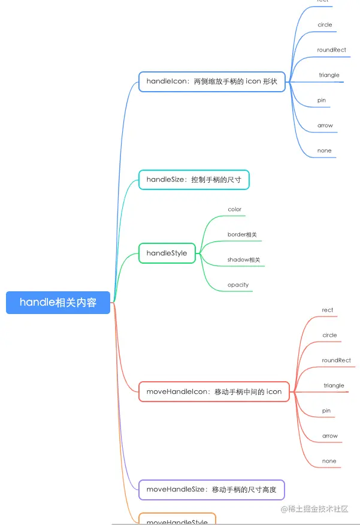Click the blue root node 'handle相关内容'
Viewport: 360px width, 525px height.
58,303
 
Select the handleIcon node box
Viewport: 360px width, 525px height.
211,82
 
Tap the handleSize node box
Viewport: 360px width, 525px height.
193,179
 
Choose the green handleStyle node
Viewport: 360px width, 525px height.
167,253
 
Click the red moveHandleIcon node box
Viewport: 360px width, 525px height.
214,391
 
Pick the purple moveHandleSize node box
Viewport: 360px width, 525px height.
211,490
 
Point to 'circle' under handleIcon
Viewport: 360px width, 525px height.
325,25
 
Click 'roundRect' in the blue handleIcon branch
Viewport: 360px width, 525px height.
332,50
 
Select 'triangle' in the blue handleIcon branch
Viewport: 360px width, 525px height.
329,75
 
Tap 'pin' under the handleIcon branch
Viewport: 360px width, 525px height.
322,100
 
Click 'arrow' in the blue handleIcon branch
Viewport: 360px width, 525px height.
325,125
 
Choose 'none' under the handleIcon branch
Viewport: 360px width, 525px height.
324,150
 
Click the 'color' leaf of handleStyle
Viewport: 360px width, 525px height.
234,209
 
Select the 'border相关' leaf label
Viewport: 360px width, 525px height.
242,234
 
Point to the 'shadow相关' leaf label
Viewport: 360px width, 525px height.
244,260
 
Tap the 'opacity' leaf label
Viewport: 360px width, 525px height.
238,285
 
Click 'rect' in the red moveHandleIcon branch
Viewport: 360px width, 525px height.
327,310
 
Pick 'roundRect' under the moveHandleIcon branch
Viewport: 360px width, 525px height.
336,360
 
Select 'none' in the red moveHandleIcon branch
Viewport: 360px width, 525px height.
329,461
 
